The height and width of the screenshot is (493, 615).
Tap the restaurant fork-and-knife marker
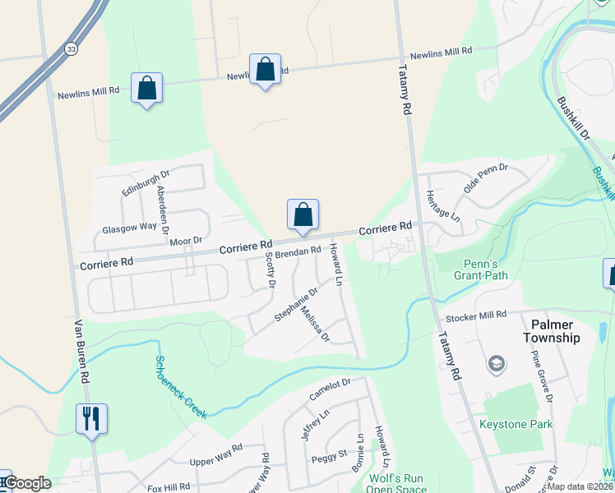[90, 418]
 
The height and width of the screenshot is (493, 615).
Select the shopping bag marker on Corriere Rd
[303, 214]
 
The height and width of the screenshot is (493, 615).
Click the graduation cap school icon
[497, 362]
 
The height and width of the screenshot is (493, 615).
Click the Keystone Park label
[516, 425]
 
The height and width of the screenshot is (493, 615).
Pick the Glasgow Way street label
[129, 227]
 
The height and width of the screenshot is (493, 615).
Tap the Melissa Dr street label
[316, 325]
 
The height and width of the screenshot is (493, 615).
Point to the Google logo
[27, 484]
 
